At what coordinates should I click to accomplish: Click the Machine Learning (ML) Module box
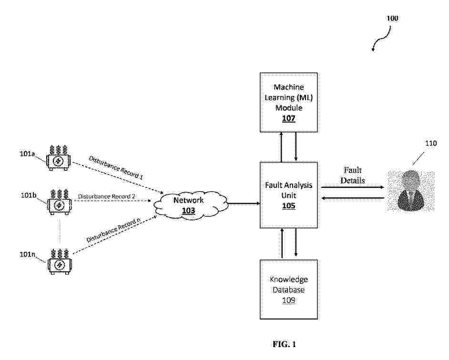click(288, 102)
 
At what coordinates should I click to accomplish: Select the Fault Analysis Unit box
click(288, 195)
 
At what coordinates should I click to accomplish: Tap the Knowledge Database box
click(288, 289)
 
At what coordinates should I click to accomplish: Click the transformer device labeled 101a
click(59, 159)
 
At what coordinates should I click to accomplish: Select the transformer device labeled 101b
click(59, 203)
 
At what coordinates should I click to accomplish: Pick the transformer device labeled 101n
click(59, 261)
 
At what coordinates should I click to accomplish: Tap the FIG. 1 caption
click(288, 344)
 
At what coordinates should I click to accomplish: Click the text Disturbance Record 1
click(116, 167)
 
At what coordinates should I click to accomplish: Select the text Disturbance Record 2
click(107, 196)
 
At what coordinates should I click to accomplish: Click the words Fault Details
click(353, 175)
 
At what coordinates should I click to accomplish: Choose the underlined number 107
click(288, 119)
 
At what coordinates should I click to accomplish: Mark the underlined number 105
click(288, 206)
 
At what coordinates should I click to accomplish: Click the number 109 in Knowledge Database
click(288, 300)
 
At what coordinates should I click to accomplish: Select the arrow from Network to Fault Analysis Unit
click(243, 204)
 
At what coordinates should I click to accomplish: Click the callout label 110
click(430, 144)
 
